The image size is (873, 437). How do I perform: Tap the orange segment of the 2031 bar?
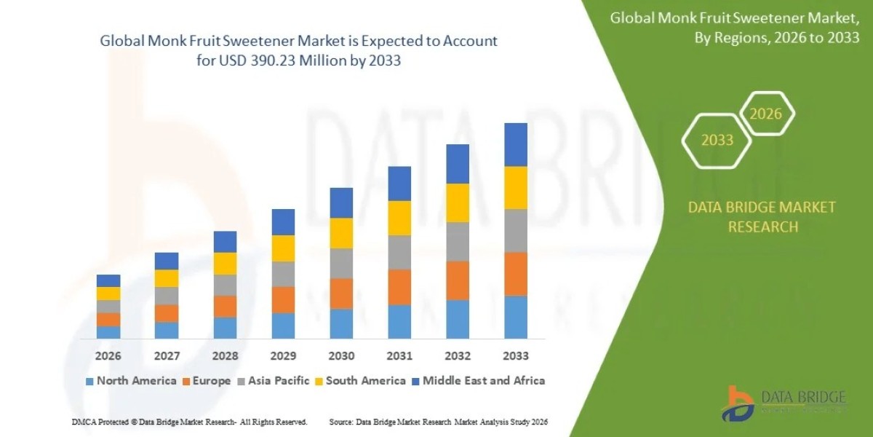click(399, 287)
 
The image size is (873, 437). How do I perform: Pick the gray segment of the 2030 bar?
click(341, 263)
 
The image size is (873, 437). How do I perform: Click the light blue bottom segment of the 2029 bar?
click(283, 326)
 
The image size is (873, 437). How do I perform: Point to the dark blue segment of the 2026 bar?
click(108, 280)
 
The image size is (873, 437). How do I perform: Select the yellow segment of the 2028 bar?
click(225, 263)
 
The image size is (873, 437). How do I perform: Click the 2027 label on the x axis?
click(167, 356)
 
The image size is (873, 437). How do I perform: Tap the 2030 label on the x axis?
click(341, 356)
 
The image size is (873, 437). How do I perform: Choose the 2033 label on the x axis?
click(516, 356)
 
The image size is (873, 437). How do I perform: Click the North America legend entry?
click(131, 380)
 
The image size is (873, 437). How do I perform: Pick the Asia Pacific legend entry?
click(273, 380)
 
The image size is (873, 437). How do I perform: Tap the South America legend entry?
click(359, 380)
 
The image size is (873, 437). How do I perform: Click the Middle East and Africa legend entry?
click(478, 380)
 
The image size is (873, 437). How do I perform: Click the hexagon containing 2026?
click(765, 114)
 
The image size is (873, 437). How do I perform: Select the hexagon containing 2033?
click(717, 140)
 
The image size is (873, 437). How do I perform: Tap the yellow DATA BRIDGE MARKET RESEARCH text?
click(762, 217)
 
